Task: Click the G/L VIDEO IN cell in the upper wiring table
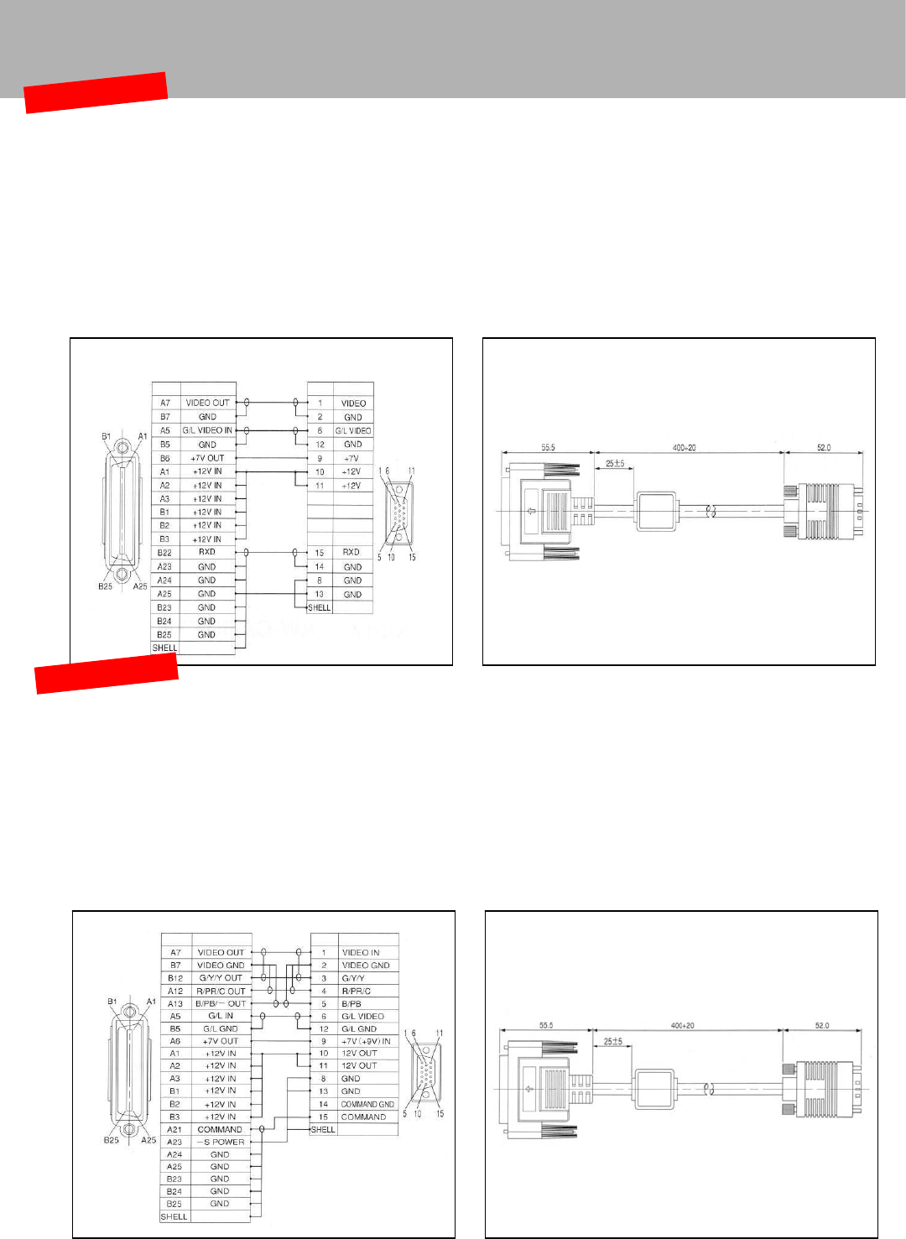[x=207, y=430]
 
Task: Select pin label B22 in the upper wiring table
[x=164, y=553]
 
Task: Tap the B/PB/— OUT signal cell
[x=221, y=1003]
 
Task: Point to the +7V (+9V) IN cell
[x=366, y=1041]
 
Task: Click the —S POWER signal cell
[x=221, y=1142]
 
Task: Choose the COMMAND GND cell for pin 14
[x=367, y=1104]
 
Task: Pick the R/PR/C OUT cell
[x=221, y=991]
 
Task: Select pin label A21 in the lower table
[x=174, y=1129]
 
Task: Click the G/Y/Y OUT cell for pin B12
[x=221, y=978]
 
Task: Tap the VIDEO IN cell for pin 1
[x=361, y=953]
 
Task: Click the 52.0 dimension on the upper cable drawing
[x=824, y=448]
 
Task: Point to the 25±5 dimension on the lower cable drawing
[x=613, y=1041]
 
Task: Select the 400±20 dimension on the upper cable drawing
[x=684, y=448]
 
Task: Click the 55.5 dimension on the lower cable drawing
[x=546, y=1026]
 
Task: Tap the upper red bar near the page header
[x=96, y=92]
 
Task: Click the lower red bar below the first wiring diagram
[x=107, y=673]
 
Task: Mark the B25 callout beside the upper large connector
[x=105, y=586]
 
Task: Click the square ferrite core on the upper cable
[x=656, y=510]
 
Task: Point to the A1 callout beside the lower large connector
[x=151, y=1002]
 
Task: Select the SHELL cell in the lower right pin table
[x=323, y=1129]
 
